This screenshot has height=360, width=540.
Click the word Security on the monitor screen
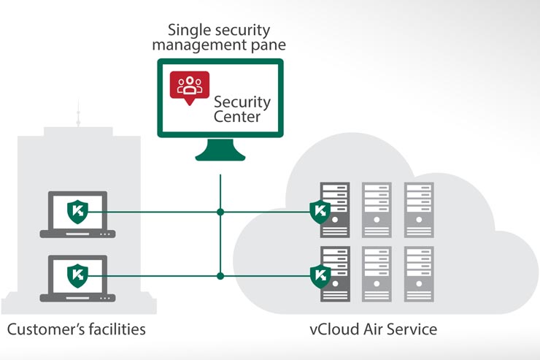(242, 102)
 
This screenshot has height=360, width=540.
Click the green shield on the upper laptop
(78, 212)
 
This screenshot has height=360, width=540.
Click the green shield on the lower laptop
(78, 276)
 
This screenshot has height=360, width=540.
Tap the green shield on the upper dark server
(320, 212)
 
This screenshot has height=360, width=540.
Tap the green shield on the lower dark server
(320, 275)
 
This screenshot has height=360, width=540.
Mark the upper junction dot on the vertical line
(220, 212)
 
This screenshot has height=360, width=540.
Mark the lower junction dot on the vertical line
(220, 276)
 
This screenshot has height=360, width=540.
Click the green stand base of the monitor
(220, 155)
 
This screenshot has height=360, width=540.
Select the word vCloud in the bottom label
(331, 329)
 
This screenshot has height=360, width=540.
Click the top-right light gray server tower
(419, 207)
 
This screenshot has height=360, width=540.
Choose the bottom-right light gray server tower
(419, 272)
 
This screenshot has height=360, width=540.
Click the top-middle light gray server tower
(377, 207)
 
